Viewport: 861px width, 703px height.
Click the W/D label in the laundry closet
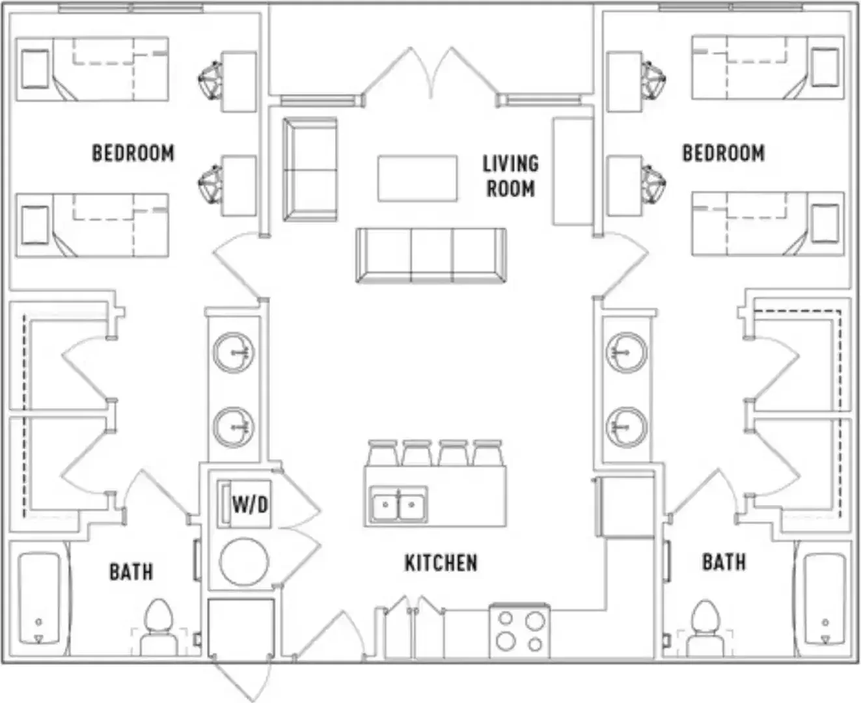click(251, 504)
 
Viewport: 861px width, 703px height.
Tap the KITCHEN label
click(441, 563)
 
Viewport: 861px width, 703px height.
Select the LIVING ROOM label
click(511, 176)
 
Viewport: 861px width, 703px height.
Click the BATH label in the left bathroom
click(131, 572)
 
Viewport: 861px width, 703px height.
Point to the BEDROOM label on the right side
click(724, 153)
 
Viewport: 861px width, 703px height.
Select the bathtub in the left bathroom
click(40, 598)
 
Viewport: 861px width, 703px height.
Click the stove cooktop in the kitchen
click(519, 631)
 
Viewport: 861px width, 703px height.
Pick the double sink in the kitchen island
click(398, 504)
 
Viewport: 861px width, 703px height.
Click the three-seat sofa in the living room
click(431, 256)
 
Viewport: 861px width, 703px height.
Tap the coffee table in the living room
click(417, 178)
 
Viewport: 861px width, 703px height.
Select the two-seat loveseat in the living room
click(310, 169)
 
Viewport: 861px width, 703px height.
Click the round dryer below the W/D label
click(244, 562)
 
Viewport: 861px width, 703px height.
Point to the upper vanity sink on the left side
click(234, 353)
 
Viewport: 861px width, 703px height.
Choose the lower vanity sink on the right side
click(627, 427)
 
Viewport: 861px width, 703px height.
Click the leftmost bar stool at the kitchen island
click(383, 453)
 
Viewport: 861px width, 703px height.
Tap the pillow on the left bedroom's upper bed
click(35, 68)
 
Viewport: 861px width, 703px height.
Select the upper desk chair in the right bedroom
click(653, 80)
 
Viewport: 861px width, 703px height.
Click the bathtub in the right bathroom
click(825, 599)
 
